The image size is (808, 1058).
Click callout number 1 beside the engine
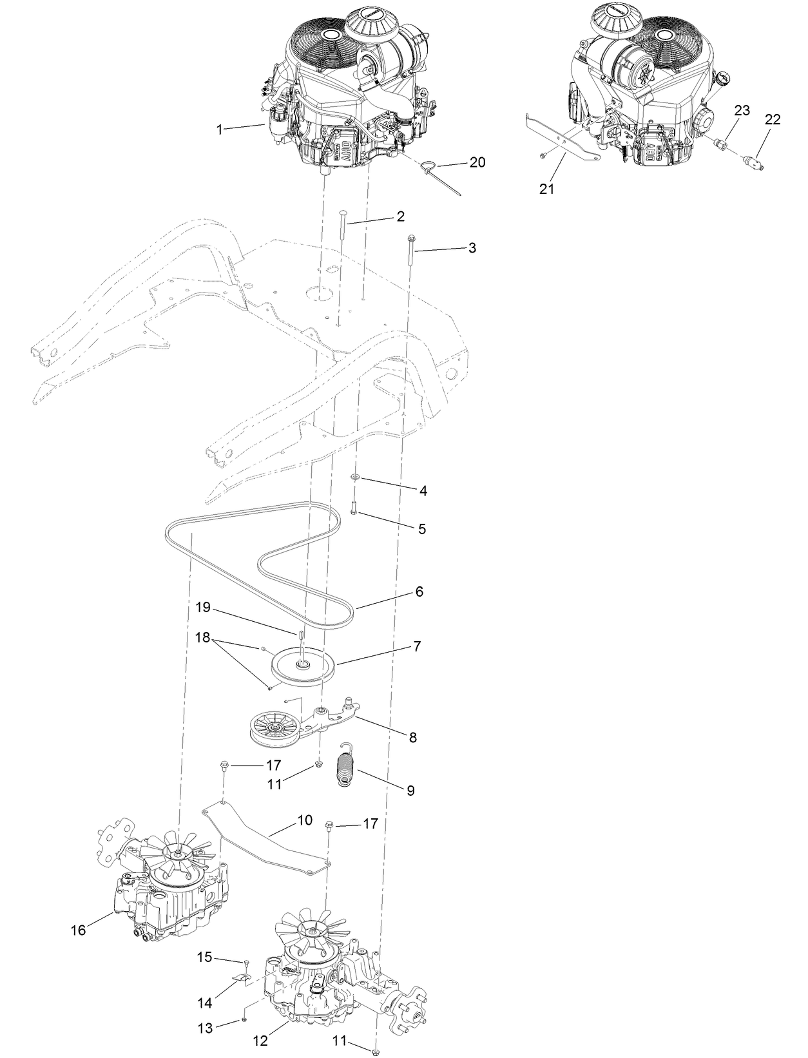tap(219, 130)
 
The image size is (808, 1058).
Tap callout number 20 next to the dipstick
tap(477, 162)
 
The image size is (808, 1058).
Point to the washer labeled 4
tap(355, 477)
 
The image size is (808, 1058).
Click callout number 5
tap(422, 528)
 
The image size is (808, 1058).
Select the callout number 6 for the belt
tap(419, 592)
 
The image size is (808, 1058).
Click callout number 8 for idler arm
tap(412, 736)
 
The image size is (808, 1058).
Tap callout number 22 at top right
tap(773, 119)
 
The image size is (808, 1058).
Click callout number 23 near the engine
tap(742, 110)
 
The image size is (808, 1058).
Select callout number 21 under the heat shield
tap(546, 189)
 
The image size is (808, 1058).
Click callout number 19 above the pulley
tap(204, 607)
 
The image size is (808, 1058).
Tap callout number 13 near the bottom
tap(205, 1029)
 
